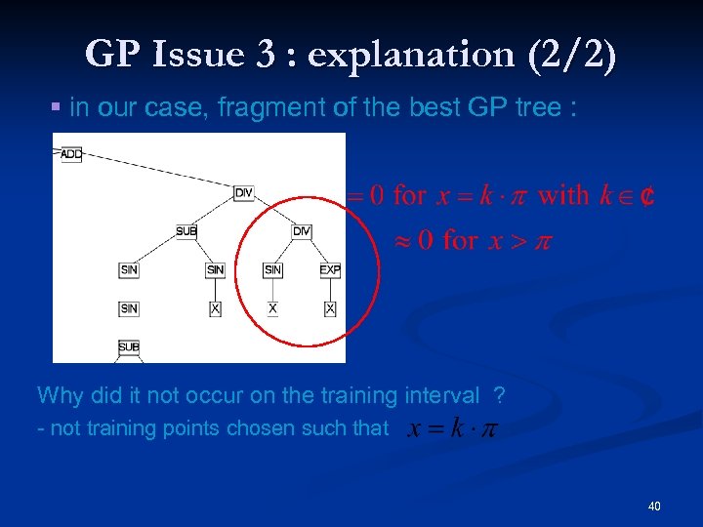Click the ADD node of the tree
pyautogui.click(x=70, y=154)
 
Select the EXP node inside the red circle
pyautogui.click(x=330, y=269)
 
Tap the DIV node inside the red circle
pyautogui.click(x=302, y=231)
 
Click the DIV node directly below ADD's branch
pyautogui.click(x=244, y=193)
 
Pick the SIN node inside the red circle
pyautogui.click(x=272, y=269)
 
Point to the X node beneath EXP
pyautogui.click(x=330, y=308)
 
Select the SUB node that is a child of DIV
pyautogui.click(x=186, y=231)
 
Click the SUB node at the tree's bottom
pyautogui.click(x=129, y=346)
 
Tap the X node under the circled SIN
pyautogui.click(x=272, y=308)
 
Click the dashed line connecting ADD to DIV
pyautogui.click(x=156, y=173)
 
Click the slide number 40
pyautogui.click(x=653, y=506)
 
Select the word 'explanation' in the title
pyautogui.click(x=409, y=55)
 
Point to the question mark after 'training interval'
pyautogui.click(x=499, y=395)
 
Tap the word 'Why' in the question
pyautogui.click(x=58, y=395)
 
